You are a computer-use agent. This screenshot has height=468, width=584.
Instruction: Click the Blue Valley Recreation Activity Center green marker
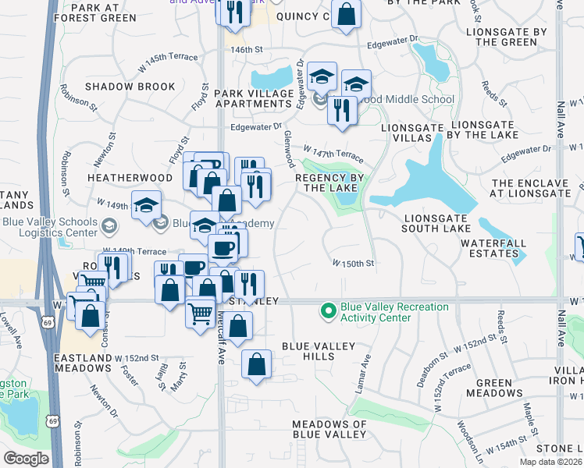click(x=329, y=312)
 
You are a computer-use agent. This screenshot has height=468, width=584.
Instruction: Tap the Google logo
click(x=27, y=459)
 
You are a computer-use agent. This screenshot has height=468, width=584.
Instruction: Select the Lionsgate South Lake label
click(x=436, y=223)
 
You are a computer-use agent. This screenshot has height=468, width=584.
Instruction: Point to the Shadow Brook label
click(x=130, y=87)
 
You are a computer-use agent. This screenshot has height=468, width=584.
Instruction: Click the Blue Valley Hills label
click(x=319, y=351)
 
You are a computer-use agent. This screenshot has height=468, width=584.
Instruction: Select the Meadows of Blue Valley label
click(x=329, y=430)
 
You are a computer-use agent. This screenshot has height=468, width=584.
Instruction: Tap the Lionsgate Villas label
click(x=406, y=132)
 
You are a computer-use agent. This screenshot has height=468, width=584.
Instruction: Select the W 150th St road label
click(x=354, y=264)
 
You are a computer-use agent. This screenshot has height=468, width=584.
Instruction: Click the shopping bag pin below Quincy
click(x=346, y=14)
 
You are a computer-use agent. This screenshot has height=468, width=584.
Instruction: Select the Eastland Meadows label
click(x=83, y=363)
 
